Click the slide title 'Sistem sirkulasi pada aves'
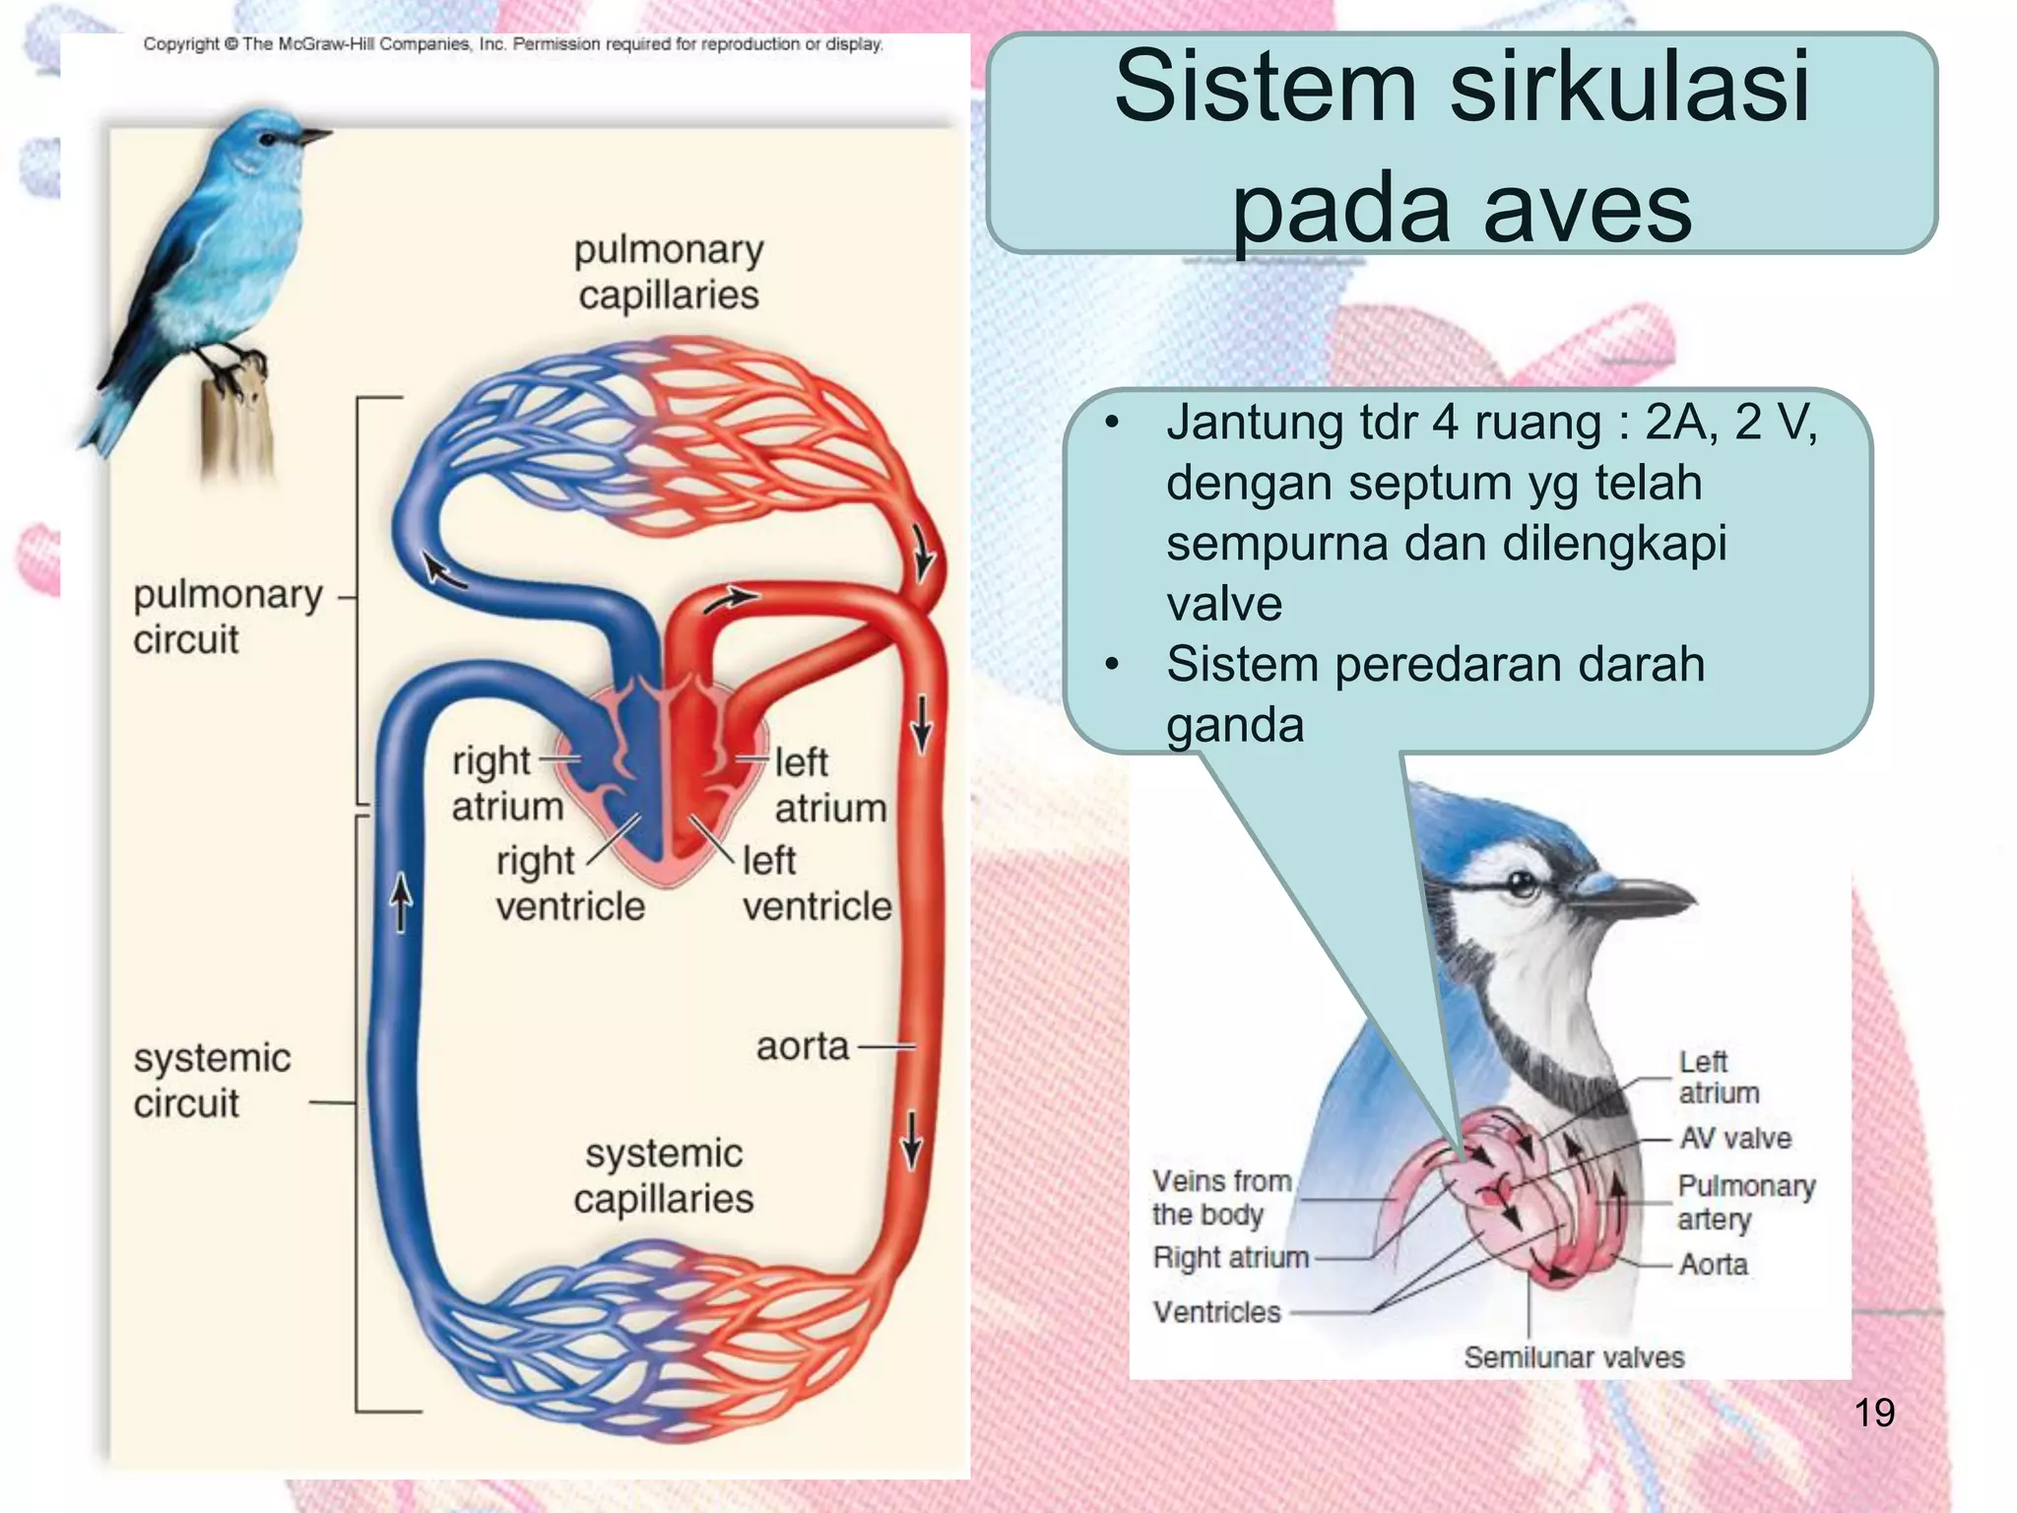(x=1462, y=146)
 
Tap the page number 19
(x=1873, y=1413)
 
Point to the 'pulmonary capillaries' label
(x=669, y=272)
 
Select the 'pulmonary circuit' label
(x=228, y=617)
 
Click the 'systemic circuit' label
(x=212, y=1081)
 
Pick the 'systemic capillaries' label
(x=664, y=1176)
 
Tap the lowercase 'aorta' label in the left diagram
(x=802, y=1046)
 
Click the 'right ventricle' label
(x=569, y=884)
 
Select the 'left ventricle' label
(x=816, y=884)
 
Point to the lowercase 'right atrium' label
(x=506, y=784)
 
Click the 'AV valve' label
(x=1735, y=1138)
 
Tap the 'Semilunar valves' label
(x=1574, y=1357)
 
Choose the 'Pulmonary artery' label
(x=1746, y=1202)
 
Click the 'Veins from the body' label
(x=1221, y=1197)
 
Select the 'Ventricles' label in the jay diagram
(x=1216, y=1312)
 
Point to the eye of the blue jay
(x=1523, y=884)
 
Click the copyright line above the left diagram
(x=513, y=44)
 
